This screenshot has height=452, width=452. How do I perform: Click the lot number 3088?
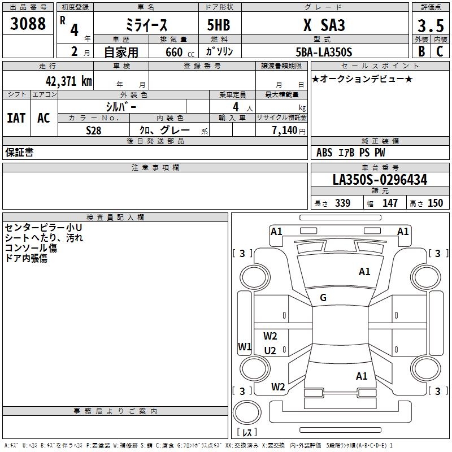tap(28, 24)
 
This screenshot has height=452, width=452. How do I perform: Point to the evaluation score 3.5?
tap(429, 25)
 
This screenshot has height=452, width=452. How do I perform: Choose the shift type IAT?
tap(16, 118)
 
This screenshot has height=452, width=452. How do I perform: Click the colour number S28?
tap(93, 130)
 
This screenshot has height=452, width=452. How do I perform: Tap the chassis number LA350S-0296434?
tap(380, 180)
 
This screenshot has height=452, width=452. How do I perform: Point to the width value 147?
tap(390, 203)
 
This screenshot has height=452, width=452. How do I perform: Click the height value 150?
tap(435, 203)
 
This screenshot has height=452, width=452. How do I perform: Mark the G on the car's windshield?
tap(323, 298)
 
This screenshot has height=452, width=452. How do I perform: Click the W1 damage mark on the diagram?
tap(244, 347)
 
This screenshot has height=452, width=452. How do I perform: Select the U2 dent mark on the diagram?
tap(270, 351)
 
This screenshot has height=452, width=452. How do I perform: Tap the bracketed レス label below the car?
tap(246, 433)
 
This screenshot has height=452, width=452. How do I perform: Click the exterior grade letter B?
tap(421, 52)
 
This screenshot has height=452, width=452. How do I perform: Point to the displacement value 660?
tap(174, 53)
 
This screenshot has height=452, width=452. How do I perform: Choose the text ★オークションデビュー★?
tap(362, 79)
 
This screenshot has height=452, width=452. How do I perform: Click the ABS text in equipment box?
tap(324, 153)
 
